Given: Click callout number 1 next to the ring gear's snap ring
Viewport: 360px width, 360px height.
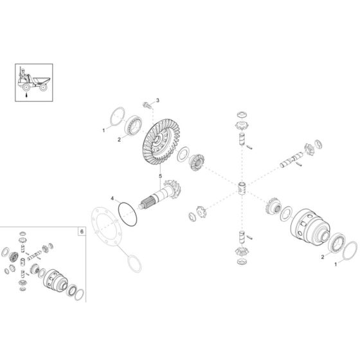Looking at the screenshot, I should (x=103, y=130).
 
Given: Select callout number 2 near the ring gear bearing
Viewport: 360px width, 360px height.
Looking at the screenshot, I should (x=119, y=139).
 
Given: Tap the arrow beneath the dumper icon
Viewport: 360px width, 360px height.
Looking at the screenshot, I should (x=26, y=94).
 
